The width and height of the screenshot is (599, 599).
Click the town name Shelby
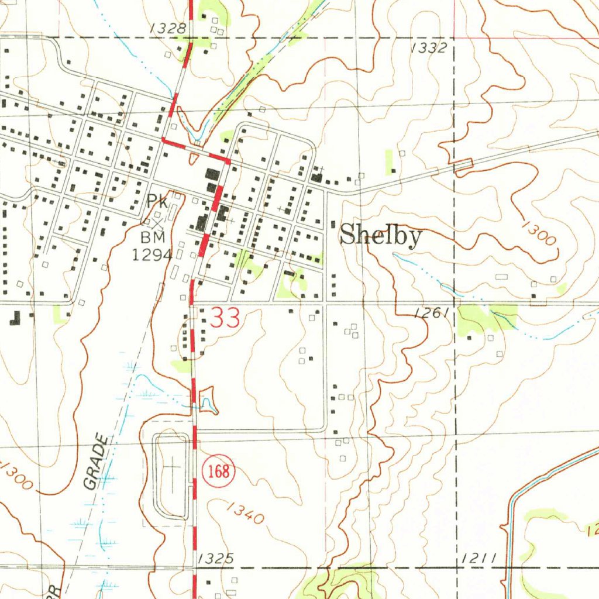(x=381, y=236)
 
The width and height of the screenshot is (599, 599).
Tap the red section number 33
(x=225, y=319)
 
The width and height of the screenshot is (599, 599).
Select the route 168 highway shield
(x=219, y=471)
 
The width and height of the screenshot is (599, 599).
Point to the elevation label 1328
(x=167, y=28)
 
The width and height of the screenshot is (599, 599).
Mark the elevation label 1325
(x=216, y=559)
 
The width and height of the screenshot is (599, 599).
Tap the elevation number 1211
(x=478, y=559)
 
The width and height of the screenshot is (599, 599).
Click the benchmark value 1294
(x=152, y=254)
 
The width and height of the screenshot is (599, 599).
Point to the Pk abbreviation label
(x=157, y=202)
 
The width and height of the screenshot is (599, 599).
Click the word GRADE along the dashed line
(x=97, y=462)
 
